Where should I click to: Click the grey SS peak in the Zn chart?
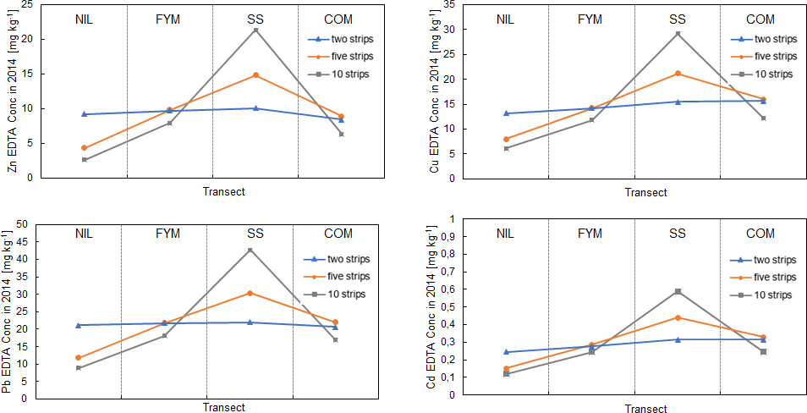pos(255,30)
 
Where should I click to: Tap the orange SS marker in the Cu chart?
pos(678,74)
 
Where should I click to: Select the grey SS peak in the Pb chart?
pos(250,250)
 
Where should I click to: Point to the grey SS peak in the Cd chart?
pos(678,291)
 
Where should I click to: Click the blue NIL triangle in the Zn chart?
pos(84,114)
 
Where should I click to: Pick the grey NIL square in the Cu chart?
pos(505,148)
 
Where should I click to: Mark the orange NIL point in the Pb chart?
pos(78,357)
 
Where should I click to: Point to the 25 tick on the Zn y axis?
pos(28,5)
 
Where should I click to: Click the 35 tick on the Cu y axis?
pos(449,5)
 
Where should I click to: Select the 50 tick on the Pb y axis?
pos(22,224)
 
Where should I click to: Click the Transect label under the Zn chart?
pos(223,191)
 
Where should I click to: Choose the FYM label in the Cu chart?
pos(590,19)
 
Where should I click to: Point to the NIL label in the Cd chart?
pos(505,234)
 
